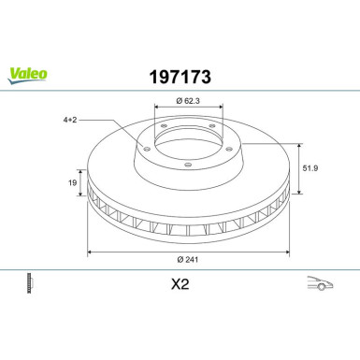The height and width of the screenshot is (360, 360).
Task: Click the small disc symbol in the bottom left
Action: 30,281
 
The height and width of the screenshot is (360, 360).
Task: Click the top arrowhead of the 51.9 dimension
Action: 297,145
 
